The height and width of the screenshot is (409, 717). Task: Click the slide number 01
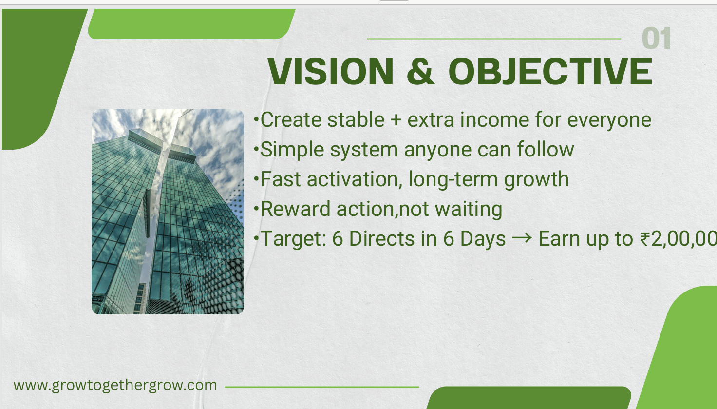[656, 39]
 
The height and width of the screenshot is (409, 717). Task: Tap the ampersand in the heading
[420, 72]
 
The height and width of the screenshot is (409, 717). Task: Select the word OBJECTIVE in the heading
[550, 72]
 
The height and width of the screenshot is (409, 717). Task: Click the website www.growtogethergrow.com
[115, 385]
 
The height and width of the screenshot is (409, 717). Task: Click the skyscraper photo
[168, 212]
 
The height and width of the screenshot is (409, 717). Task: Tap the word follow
[546, 150]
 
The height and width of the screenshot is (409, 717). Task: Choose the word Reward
[295, 209]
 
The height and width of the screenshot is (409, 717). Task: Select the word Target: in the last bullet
[293, 239]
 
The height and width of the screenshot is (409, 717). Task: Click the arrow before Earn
[522, 239]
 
